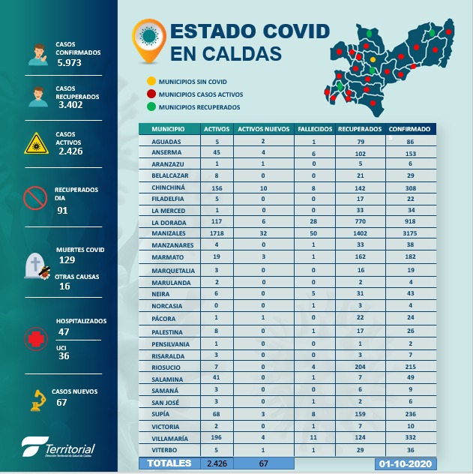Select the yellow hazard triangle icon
[x=35, y=142]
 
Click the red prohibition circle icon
[x=36, y=198]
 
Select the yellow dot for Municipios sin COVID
[x=151, y=81]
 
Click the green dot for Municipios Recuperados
[x=151, y=107]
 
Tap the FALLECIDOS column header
[x=315, y=129]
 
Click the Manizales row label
[x=169, y=233]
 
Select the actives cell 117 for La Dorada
[x=217, y=223]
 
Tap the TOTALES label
[x=169, y=463]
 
